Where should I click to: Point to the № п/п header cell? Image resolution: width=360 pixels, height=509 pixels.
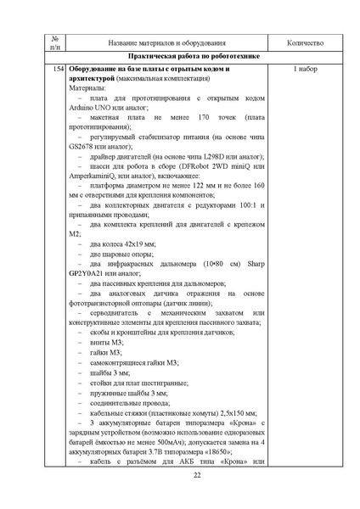pos(55,42)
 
